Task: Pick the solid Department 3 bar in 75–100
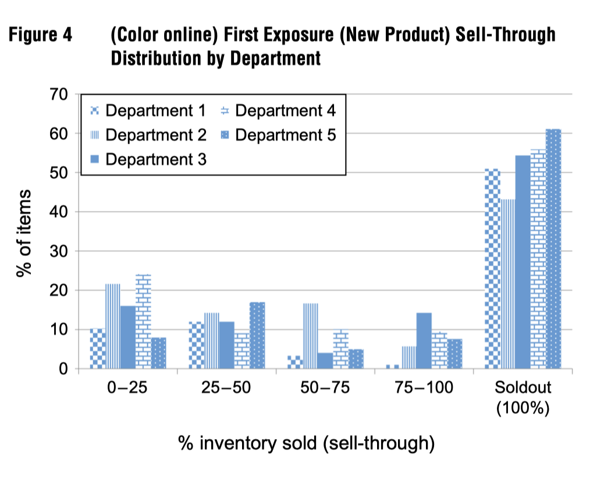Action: click(424, 341)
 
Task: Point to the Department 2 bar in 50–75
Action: click(310, 336)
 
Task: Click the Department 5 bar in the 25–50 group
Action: click(257, 336)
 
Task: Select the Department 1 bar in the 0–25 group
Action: click(97, 349)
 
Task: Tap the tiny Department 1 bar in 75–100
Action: click(393, 366)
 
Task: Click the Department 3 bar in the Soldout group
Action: click(523, 262)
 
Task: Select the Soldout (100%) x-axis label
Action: click(523, 397)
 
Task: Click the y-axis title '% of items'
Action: click(25, 233)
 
